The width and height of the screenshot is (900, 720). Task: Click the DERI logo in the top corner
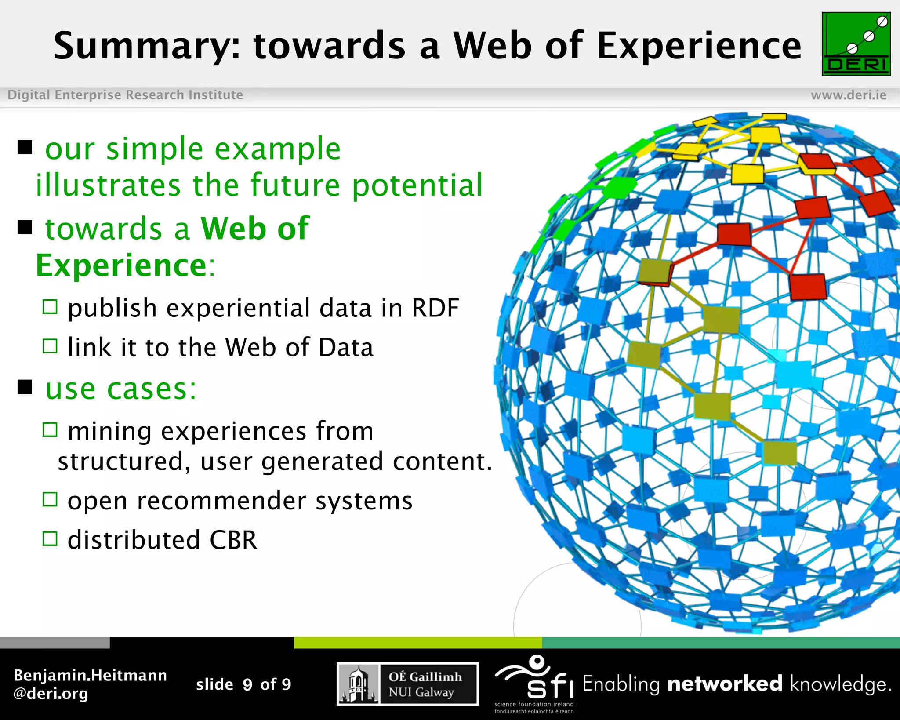(856, 44)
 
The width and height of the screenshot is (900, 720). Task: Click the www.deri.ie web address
(848, 95)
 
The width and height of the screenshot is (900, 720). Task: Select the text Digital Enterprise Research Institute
(125, 95)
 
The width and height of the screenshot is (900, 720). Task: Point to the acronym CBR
(233, 540)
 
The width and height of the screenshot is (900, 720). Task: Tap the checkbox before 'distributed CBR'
(50, 538)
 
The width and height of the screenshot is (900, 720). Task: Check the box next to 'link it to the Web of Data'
(50, 346)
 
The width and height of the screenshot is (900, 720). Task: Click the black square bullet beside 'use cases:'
(25, 387)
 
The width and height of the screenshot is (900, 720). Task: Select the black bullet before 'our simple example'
(25, 147)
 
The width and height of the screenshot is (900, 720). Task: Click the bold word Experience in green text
(121, 265)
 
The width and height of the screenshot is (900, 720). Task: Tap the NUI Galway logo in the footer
(407, 684)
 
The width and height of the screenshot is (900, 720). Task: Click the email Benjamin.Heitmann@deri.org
(90, 684)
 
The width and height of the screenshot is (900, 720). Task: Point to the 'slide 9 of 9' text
(243, 684)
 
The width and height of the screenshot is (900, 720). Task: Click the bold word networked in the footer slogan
(724, 684)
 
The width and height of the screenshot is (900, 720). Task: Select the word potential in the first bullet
(417, 185)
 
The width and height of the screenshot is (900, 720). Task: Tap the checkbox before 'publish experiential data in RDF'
(50, 306)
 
